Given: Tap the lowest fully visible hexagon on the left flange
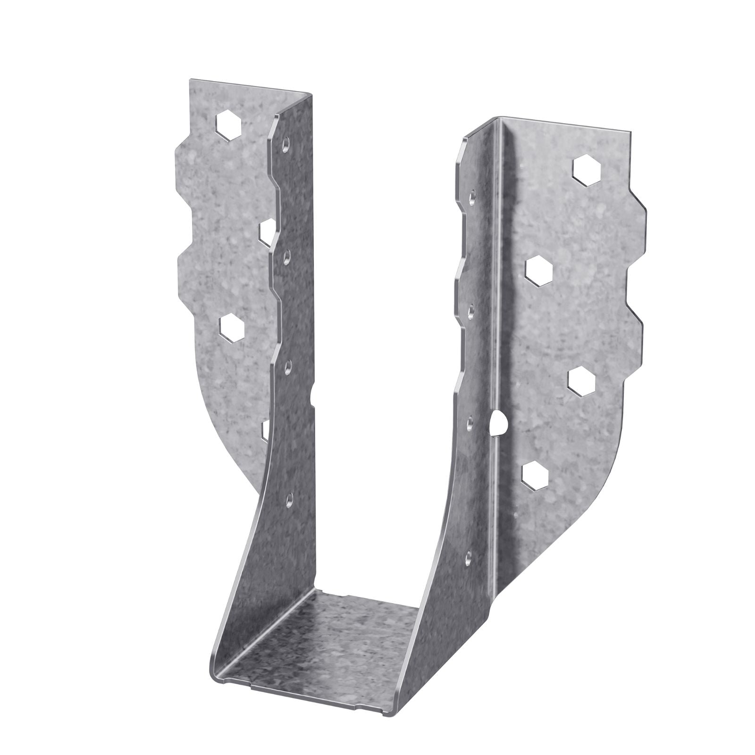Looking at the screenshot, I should point(231,327).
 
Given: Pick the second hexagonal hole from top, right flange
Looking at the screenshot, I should point(539,271).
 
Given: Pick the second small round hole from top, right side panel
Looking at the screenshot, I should point(470,309).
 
